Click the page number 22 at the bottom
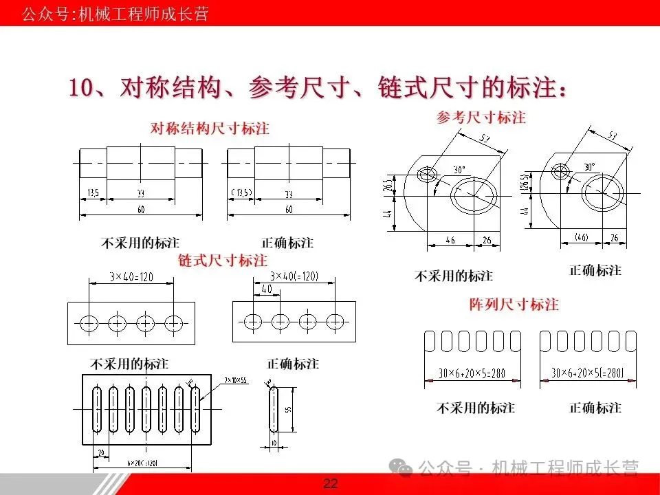click(331, 484)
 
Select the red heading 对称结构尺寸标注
click(210, 129)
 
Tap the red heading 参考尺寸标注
click(481, 118)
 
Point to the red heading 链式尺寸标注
click(223, 261)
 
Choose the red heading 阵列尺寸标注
click(514, 304)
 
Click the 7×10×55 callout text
click(236, 379)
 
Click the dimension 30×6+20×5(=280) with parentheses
click(587, 373)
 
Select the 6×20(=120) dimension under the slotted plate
click(144, 463)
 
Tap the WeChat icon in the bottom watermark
click(402, 468)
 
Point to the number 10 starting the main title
click(82, 89)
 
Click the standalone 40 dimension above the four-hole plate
click(265, 289)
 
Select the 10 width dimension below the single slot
click(273, 443)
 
